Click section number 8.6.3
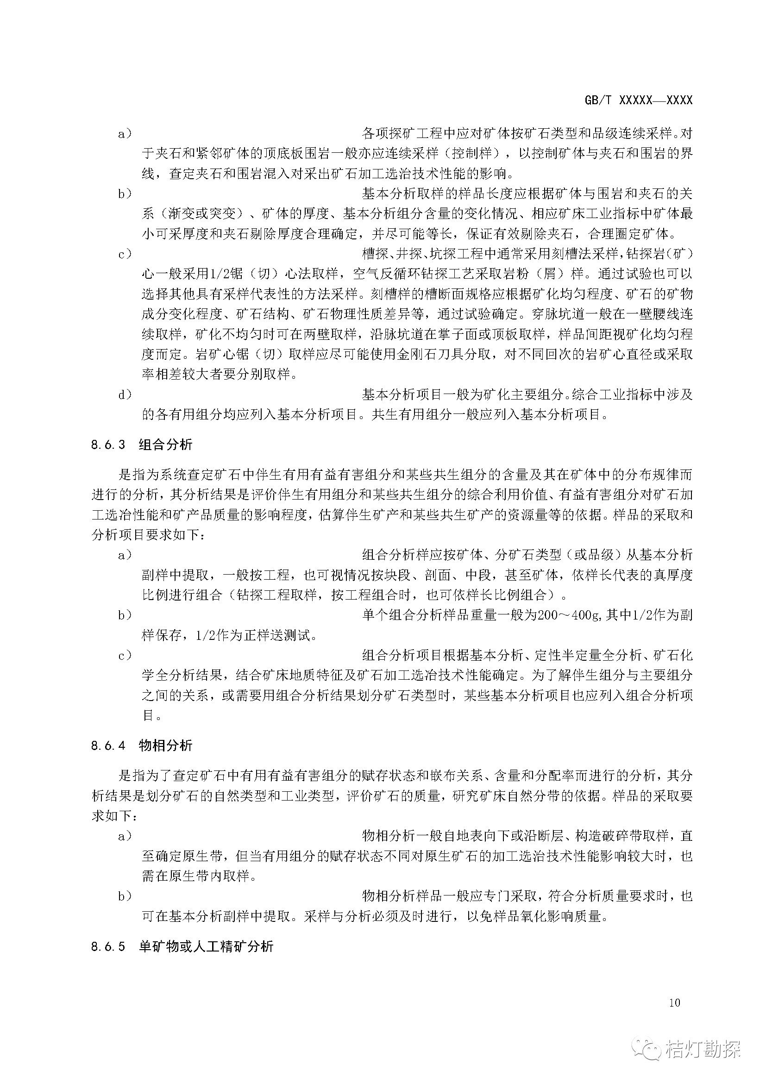(x=108, y=445)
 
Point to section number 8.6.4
(x=108, y=746)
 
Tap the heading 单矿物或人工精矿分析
(x=206, y=946)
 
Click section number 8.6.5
(x=108, y=947)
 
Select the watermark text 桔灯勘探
(x=703, y=1048)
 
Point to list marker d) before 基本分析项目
(x=125, y=395)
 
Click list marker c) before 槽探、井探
(x=125, y=254)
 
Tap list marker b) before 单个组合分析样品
(x=125, y=615)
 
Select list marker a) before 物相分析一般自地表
(x=125, y=836)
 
